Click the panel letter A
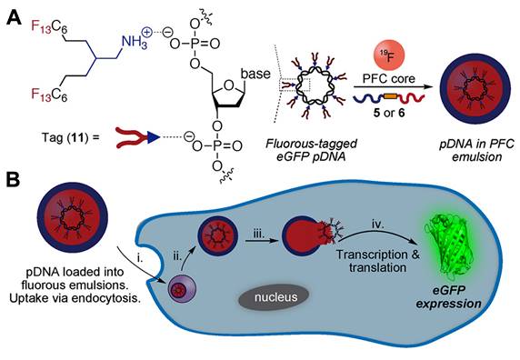(x=14, y=17)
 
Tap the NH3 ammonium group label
(x=134, y=43)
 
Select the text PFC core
(x=388, y=79)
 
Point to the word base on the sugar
(x=255, y=74)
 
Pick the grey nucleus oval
(x=274, y=296)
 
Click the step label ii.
(x=177, y=255)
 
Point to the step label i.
(x=140, y=258)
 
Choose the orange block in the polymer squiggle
(x=390, y=96)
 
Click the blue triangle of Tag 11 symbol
(x=154, y=138)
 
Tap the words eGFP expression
(x=448, y=297)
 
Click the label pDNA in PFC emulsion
(x=477, y=150)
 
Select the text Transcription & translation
(x=377, y=261)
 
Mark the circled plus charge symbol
(x=146, y=33)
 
